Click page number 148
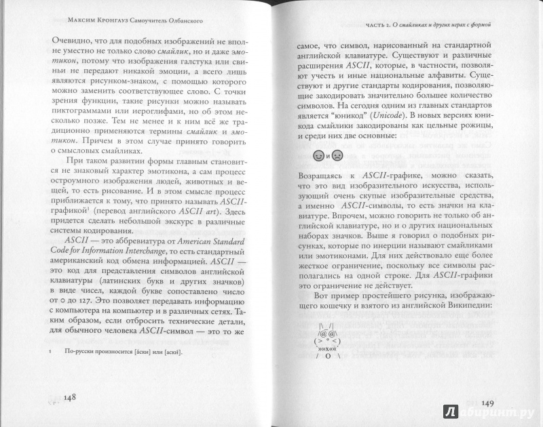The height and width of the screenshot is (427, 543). click(73, 397)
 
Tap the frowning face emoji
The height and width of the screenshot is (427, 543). click(337, 157)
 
